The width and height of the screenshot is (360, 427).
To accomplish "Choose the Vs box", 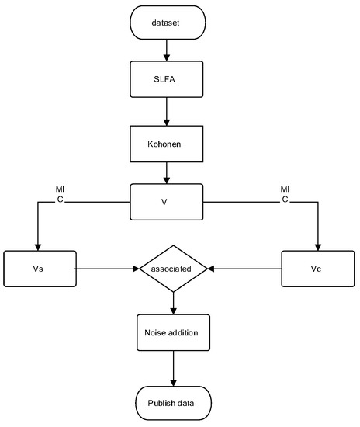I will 39,269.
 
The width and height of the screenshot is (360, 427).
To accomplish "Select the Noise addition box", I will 172,332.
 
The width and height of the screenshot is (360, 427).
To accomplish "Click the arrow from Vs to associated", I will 106,269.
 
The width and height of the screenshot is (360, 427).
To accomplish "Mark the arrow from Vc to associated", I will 244,269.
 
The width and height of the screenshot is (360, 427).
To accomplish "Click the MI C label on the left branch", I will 60,194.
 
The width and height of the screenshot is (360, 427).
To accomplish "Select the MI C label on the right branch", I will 285,194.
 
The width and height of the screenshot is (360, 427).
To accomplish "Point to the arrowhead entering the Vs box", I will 39,246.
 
